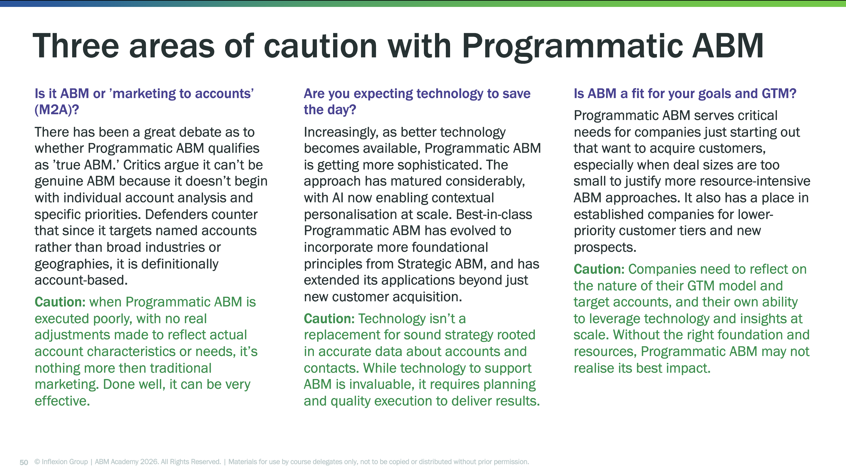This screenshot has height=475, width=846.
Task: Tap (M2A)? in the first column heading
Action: (57, 110)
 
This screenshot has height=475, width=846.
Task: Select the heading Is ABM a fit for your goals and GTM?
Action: (685, 93)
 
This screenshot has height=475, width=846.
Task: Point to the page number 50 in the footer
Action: (24, 462)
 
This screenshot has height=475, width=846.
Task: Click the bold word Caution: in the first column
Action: (60, 302)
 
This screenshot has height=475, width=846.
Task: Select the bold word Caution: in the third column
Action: (599, 269)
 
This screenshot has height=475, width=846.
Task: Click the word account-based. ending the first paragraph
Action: (81, 280)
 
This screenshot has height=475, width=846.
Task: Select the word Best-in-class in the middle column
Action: (494, 214)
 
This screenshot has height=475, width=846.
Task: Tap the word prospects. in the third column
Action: (605, 247)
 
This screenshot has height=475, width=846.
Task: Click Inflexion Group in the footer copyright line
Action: (65, 462)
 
